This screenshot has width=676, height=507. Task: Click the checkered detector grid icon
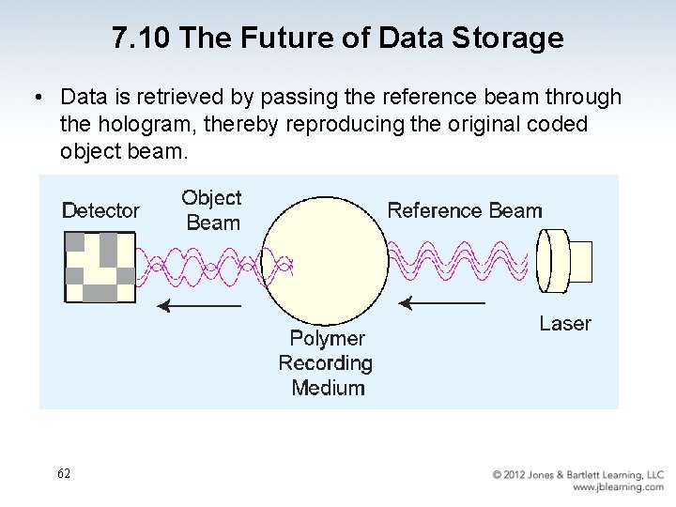[x=99, y=266]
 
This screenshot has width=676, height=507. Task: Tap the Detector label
[x=100, y=211]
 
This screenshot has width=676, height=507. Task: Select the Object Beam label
[x=212, y=210]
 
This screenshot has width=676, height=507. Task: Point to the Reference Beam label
[x=465, y=210]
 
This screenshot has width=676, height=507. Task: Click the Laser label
[x=565, y=324]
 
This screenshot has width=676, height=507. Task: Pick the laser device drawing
[x=564, y=261]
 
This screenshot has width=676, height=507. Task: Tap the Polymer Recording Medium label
[x=326, y=363]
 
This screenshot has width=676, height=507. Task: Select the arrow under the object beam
[x=198, y=305]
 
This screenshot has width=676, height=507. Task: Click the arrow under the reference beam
[x=442, y=303]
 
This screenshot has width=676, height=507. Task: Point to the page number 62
[x=63, y=473]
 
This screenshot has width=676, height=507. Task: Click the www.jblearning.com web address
[x=618, y=487]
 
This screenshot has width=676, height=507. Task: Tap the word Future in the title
[x=280, y=38]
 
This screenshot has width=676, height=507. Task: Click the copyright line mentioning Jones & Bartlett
[x=578, y=475]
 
